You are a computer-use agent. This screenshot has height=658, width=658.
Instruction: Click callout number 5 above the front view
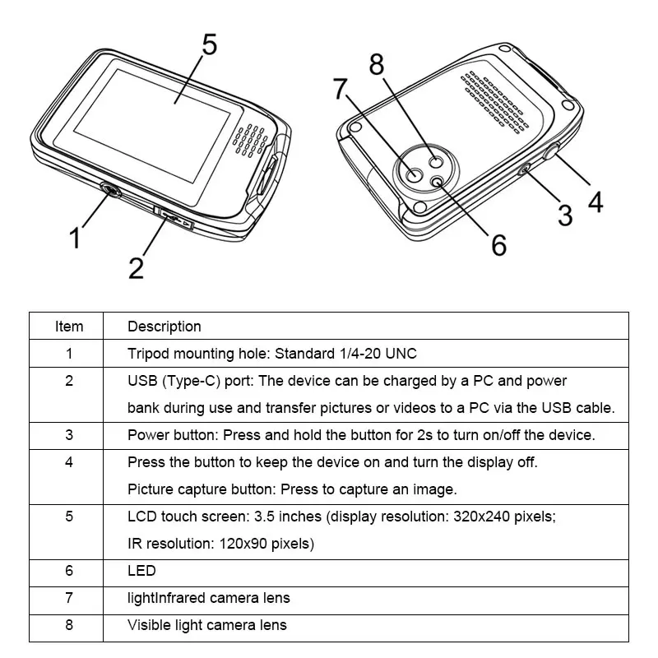pos(209,44)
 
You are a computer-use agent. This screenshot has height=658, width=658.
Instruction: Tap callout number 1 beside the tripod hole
pos(75,239)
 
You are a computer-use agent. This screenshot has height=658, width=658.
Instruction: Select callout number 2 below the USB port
pos(137,266)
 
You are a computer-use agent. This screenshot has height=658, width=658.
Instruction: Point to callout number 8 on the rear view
pos(376,64)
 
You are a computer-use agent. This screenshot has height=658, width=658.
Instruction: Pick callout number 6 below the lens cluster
pos(498,244)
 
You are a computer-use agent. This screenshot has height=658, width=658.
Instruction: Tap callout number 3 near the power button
pos(564,215)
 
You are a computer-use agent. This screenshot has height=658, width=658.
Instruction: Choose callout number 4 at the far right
pos(594,200)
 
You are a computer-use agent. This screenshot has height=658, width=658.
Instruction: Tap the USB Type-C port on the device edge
pos(174,218)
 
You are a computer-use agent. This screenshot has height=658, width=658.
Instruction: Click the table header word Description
pos(164,327)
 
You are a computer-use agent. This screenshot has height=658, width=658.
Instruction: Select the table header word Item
pos(69,327)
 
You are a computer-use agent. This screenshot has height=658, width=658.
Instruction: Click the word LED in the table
pos(141,571)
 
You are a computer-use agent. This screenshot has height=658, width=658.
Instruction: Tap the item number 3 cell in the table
pos(69,435)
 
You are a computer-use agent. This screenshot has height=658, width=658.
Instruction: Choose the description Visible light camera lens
pos(207,625)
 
